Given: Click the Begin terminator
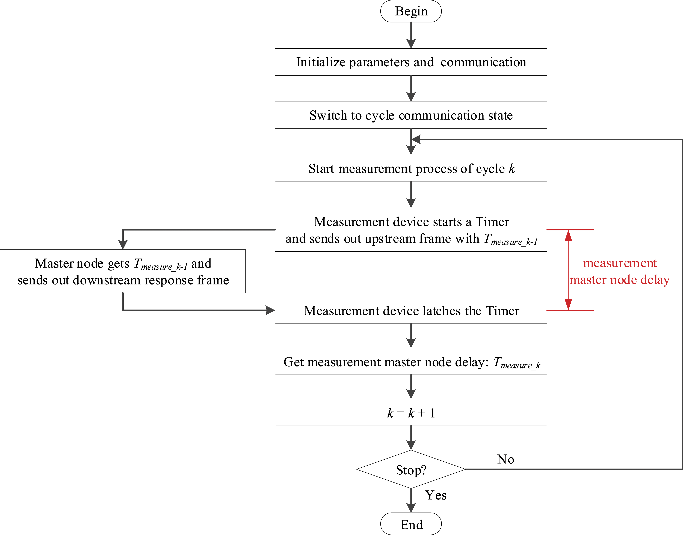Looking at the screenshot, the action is [411, 11].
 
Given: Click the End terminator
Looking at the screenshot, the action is [411, 524].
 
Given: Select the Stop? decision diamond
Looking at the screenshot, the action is [411, 469].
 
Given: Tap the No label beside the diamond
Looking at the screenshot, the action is [505, 459].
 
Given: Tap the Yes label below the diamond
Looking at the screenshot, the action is [436, 495].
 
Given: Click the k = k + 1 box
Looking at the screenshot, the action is [411, 412].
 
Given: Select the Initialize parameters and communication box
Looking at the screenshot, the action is [411, 62].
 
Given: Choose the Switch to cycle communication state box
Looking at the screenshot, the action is [411, 115].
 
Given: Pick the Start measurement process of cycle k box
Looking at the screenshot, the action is [411, 168].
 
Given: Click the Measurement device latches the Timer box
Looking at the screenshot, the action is [411, 310].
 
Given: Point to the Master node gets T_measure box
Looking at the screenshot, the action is [123, 271].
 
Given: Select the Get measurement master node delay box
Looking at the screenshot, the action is [411, 361].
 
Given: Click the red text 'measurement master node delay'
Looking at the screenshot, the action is [619, 271].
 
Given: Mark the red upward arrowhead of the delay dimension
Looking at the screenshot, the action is [568, 236].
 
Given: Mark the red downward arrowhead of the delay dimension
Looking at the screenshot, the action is [568, 304].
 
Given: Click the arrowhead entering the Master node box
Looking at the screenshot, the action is [123, 245].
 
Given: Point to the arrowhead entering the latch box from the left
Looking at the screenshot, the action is [270, 310].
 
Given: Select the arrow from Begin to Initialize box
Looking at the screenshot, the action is [411, 35].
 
